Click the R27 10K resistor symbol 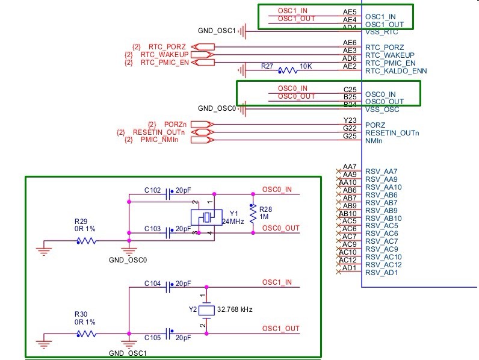[288, 70]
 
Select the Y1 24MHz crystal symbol [206, 217]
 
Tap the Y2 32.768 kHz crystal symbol [206, 310]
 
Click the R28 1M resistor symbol [253, 213]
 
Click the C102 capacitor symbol [168, 194]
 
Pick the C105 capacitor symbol [168, 334]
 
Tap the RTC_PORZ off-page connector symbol [203, 47]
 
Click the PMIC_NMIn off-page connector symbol [202, 140]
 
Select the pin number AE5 [350, 12]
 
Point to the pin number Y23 [350, 120]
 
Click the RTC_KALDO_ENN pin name [396, 71]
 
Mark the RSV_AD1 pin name [382, 273]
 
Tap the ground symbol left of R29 [44, 248]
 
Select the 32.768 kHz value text [235, 309]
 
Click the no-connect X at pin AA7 [338, 171]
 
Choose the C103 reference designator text [152, 229]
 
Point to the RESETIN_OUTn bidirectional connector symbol [202, 132]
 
